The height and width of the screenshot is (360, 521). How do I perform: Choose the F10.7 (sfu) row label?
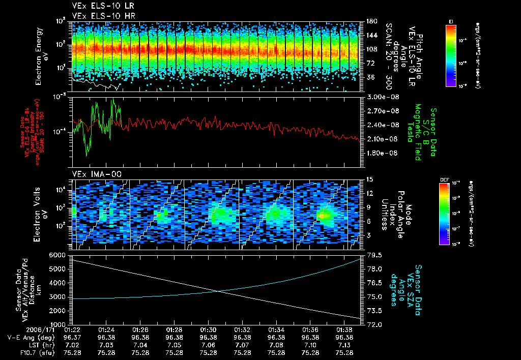pos(21,352)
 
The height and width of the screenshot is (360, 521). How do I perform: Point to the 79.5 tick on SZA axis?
pos(372,254)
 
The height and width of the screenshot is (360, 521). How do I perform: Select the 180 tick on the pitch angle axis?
pos(370,21)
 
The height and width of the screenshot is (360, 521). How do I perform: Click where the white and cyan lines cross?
pos(219,291)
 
